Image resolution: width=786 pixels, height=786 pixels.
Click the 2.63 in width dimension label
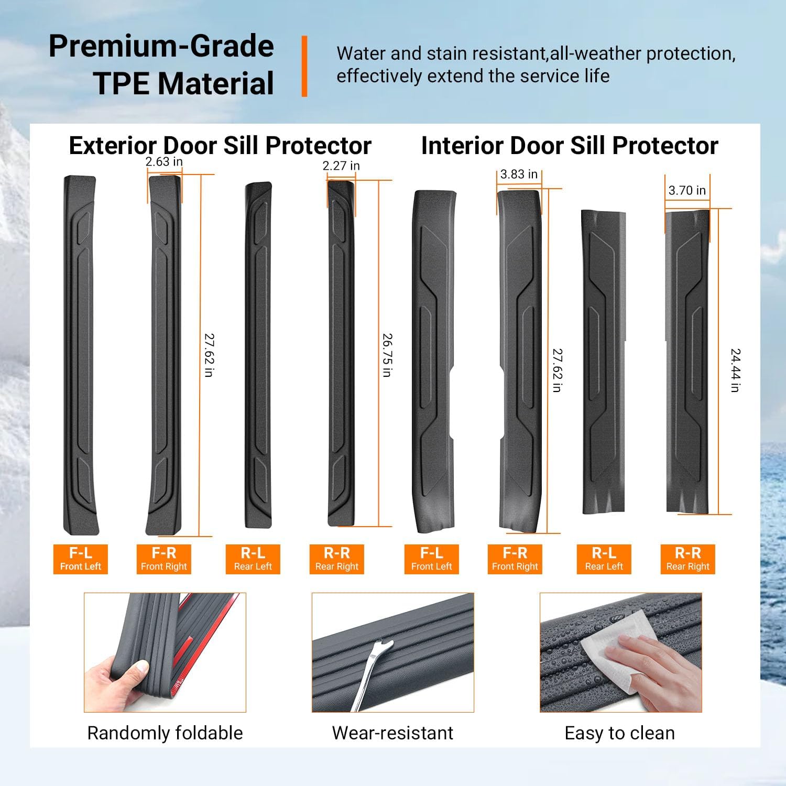click(x=164, y=162)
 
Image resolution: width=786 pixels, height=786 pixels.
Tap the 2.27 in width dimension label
click(x=341, y=166)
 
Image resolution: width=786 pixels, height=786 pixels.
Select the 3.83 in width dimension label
click(x=519, y=174)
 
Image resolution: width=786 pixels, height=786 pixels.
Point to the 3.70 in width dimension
click(x=687, y=191)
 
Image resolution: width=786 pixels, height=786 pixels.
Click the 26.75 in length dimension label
click(x=387, y=355)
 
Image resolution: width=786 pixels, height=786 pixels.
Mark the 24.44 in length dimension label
click(x=735, y=370)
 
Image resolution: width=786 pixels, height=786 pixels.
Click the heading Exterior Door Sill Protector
click(x=220, y=146)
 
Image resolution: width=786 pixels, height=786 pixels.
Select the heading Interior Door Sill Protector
click(x=570, y=146)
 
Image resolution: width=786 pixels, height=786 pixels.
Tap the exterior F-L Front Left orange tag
click(x=81, y=559)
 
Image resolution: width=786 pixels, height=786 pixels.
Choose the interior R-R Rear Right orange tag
click(x=687, y=559)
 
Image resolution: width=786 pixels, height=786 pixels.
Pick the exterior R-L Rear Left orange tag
click(x=253, y=559)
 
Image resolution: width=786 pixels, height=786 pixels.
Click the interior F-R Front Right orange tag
click(x=515, y=559)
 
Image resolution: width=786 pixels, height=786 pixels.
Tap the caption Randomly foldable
click(x=165, y=733)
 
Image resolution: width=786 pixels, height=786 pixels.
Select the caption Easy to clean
click(x=620, y=733)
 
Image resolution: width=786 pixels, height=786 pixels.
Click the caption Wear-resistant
click(x=392, y=733)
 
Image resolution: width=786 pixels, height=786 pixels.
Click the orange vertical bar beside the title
click(x=304, y=66)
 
